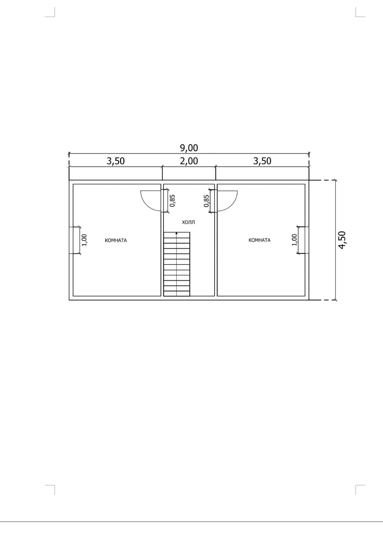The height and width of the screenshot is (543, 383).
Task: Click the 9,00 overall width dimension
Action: click(189, 148)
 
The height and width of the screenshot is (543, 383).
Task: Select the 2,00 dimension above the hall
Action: click(189, 161)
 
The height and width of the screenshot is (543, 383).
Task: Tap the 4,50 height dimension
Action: click(342, 240)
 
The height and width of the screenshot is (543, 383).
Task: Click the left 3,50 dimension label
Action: click(116, 161)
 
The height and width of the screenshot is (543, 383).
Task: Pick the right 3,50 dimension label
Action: click(262, 161)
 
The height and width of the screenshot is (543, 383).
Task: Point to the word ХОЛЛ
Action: click(188, 222)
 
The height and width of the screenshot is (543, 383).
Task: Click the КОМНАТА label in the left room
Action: click(116, 240)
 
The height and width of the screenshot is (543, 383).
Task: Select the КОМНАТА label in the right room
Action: click(260, 240)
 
